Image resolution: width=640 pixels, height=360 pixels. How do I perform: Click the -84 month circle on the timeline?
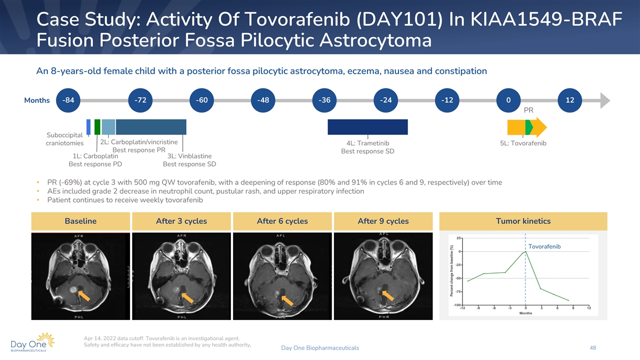tap(68, 100)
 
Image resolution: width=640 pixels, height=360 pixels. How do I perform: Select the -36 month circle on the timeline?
tap(324, 100)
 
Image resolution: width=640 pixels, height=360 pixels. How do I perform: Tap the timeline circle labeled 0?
tap(508, 100)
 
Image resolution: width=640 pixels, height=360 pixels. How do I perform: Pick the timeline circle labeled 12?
tap(570, 100)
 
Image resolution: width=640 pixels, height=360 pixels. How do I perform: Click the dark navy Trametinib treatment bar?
tap(367, 127)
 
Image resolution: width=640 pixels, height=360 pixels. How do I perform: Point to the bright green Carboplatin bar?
tap(97, 127)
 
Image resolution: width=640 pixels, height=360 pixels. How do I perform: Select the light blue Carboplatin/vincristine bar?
tap(109, 127)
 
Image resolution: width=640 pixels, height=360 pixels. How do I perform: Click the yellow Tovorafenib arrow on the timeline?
tap(527, 127)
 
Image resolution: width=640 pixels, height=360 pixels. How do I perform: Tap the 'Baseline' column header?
tap(81, 221)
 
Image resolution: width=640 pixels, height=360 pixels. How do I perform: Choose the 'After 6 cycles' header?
tap(282, 221)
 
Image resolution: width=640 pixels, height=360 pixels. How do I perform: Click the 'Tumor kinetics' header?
tap(523, 221)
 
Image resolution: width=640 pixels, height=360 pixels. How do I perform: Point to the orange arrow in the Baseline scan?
tap(84, 295)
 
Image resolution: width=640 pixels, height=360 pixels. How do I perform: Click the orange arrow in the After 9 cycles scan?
tap(388, 295)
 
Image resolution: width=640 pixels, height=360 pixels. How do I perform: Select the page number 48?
tap(593, 348)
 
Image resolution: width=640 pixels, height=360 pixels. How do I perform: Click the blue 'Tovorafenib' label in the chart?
tap(545, 246)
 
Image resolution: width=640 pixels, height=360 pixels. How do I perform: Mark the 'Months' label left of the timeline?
tap(37, 100)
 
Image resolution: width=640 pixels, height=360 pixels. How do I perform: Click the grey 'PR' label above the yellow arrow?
tap(529, 110)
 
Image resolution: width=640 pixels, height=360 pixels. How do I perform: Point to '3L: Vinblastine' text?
tap(189, 156)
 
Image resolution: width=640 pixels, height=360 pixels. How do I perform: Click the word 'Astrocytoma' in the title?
tap(375, 41)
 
